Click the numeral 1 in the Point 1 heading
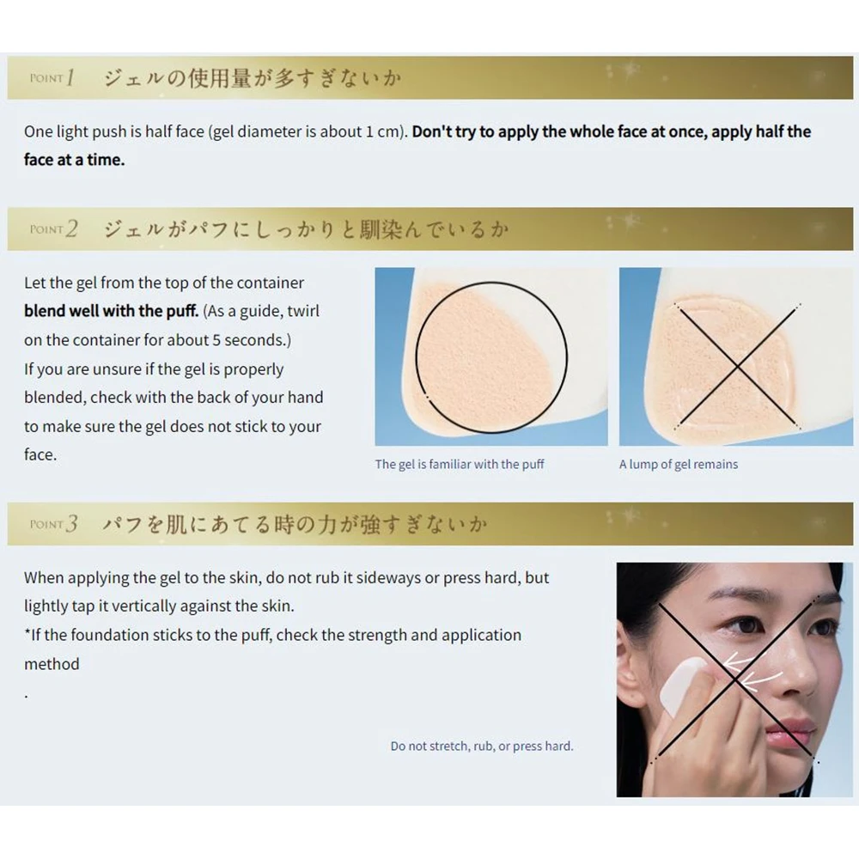coord(70,78)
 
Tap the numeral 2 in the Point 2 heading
coord(71,229)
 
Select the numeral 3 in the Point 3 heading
coord(71,524)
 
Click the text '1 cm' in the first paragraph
coord(382,131)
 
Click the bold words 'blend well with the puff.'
coord(111,311)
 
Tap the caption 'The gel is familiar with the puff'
coord(459,465)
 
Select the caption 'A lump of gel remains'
coord(679,465)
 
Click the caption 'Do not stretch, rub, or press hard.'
coord(482,746)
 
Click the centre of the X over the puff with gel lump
coord(737,365)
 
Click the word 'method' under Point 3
coord(52,664)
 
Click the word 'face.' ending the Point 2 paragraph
coord(40,454)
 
